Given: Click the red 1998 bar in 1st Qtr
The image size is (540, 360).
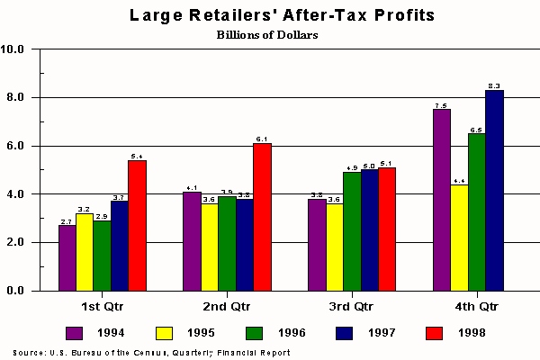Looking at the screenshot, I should (x=137, y=225).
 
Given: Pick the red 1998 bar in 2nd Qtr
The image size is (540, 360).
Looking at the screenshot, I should (x=262, y=217).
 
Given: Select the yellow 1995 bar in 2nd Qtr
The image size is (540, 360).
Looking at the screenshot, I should (x=209, y=247).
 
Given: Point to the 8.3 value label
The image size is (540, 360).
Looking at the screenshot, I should (x=493, y=85).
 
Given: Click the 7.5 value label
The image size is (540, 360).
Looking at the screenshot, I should (x=441, y=105).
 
